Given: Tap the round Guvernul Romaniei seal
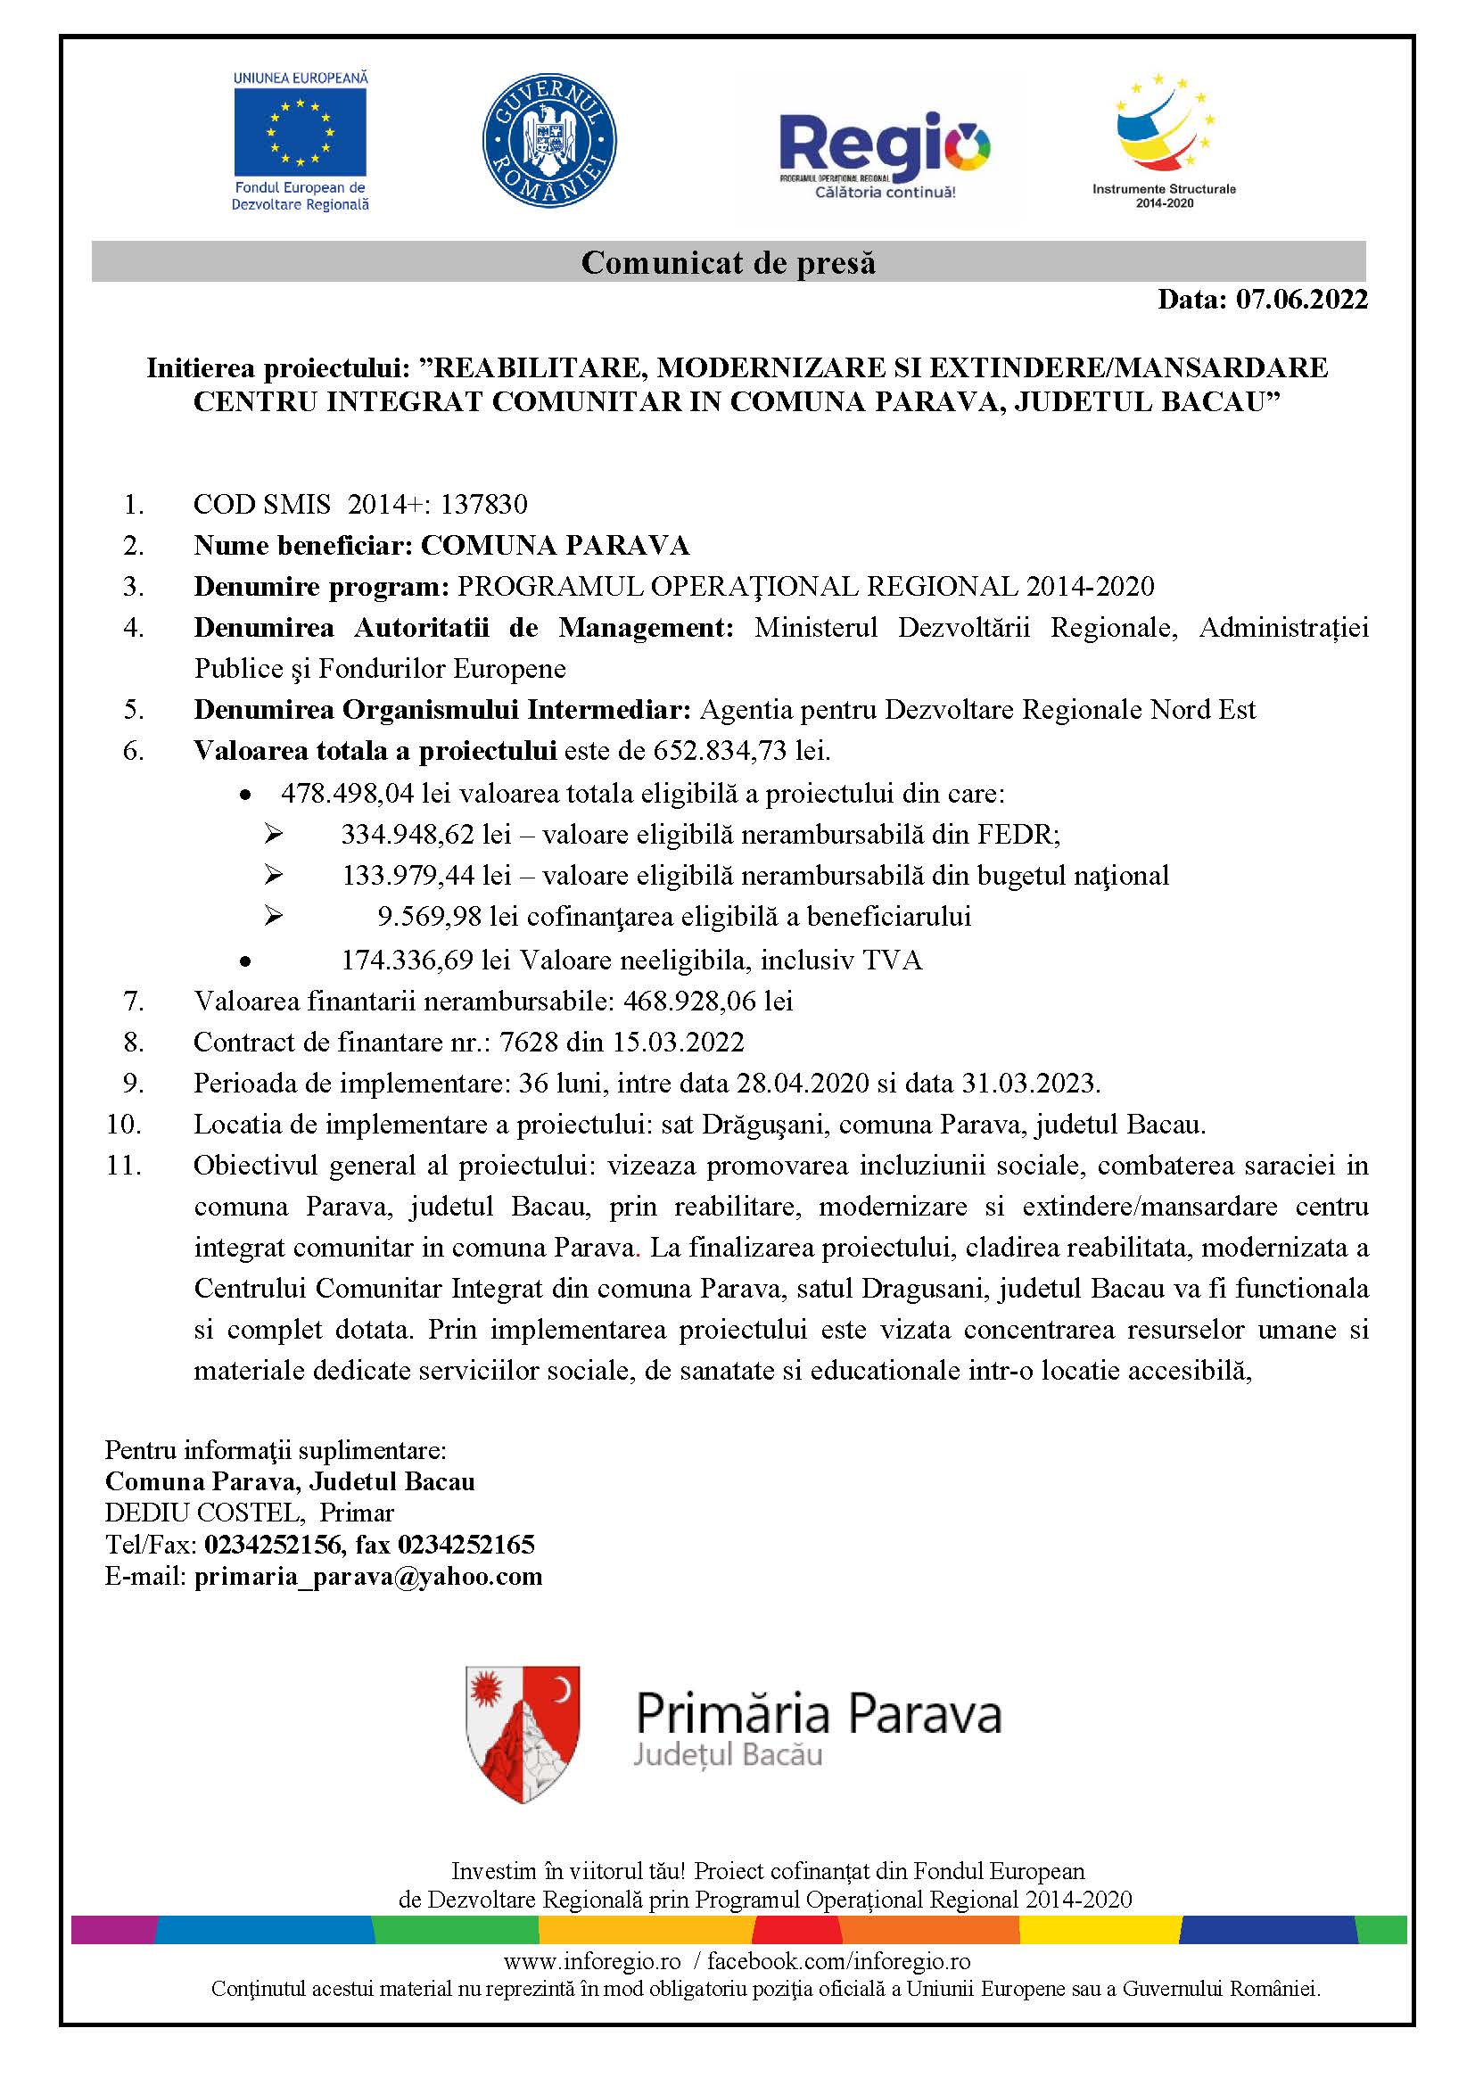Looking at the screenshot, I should pyautogui.click(x=548, y=141).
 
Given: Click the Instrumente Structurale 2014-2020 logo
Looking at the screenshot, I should pyautogui.click(x=1165, y=136).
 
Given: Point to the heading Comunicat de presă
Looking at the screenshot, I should pyautogui.click(x=729, y=262).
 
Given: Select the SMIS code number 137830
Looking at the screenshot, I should pyautogui.click(x=484, y=504).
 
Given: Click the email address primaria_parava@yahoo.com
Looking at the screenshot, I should pyautogui.click(x=367, y=1576).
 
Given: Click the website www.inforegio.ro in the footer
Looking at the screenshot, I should pyautogui.click(x=592, y=1961).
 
